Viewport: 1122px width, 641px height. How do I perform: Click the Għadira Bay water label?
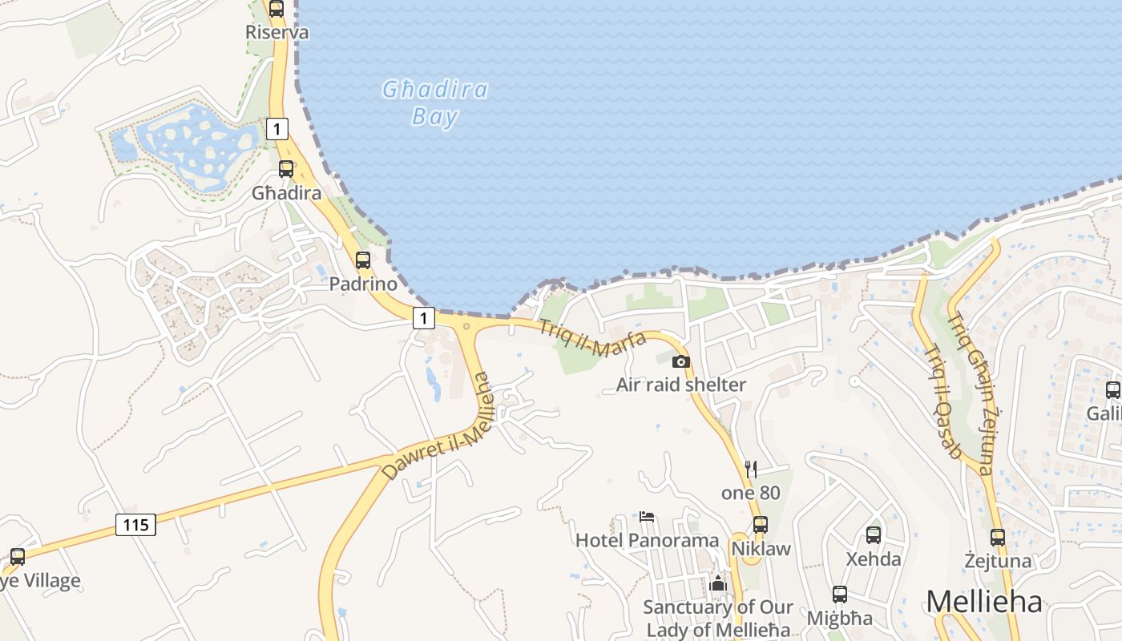435,103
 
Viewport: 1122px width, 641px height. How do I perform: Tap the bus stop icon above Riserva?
276,9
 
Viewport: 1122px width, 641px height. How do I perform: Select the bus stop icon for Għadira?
286,169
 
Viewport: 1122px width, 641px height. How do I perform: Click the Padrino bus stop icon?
363,260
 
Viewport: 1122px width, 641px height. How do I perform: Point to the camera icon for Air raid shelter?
680,361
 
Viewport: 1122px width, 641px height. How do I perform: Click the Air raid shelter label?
680,385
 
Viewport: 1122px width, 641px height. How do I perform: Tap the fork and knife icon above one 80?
751,469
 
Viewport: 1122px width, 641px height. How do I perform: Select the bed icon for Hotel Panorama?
647,517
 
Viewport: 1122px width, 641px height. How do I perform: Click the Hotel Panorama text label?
647,540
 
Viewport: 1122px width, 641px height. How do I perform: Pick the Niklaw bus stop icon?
761,526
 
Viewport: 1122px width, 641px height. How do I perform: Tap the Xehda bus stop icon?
874,535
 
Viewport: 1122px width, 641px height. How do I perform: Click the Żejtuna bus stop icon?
998,538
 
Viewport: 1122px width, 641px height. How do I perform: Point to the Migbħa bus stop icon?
840,595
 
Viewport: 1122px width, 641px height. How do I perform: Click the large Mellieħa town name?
984,602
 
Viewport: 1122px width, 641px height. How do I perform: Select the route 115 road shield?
135,525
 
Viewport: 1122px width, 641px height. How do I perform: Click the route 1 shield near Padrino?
424,317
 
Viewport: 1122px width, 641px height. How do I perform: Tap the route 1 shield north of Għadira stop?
276,128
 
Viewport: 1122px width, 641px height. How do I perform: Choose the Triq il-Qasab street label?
942,401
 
